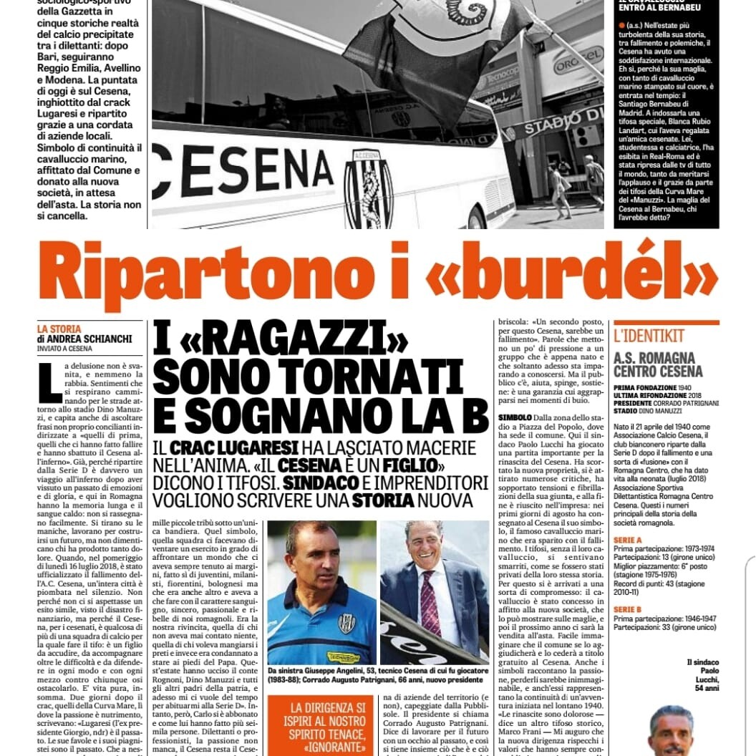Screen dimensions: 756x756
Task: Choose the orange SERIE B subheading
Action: tap(627, 609)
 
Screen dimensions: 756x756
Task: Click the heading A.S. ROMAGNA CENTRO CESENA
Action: tap(654, 364)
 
